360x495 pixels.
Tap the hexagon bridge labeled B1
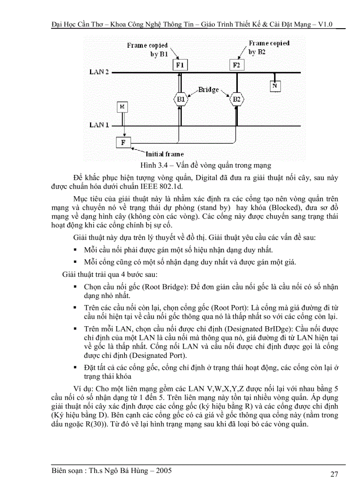(180, 99)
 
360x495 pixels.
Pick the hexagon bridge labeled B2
(237, 99)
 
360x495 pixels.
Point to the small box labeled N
(274, 86)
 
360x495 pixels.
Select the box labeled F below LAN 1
(123, 142)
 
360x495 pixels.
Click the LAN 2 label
(99, 71)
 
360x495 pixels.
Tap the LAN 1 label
(99, 125)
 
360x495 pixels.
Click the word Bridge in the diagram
(208, 89)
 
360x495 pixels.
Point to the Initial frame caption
(165, 154)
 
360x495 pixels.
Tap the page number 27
(334, 474)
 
